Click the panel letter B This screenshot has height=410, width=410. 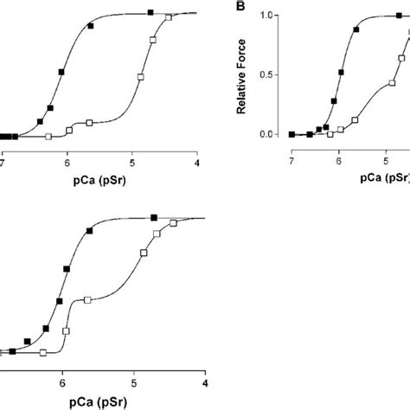click(x=240, y=6)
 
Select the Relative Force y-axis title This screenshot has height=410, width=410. click(x=241, y=77)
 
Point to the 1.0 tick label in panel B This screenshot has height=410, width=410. click(x=266, y=16)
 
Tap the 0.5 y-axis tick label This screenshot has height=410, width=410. click(x=266, y=74)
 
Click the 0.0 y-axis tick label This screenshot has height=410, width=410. click(x=266, y=134)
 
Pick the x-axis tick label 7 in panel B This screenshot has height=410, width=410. click(x=291, y=161)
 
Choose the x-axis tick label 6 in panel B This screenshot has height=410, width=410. click(x=339, y=161)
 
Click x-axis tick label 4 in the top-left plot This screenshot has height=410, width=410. click(x=197, y=163)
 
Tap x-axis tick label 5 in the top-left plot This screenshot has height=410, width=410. click(x=132, y=163)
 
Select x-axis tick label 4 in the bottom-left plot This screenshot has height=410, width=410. click(x=205, y=383)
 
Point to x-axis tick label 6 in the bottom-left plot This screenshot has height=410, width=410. click(x=62, y=383)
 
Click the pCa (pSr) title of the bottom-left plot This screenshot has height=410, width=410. click(x=98, y=402)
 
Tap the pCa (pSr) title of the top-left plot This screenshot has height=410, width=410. click(x=99, y=181)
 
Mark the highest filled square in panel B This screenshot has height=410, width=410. click(x=399, y=16)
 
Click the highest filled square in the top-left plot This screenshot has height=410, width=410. click(x=151, y=12)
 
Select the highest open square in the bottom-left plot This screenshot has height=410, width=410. click(x=173, y=223)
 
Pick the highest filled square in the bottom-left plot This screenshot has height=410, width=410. click(x=154, y=218)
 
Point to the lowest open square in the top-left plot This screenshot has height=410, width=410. click(x=48, y=137)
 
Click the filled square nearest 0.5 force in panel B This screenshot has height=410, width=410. click(x=341, y=73)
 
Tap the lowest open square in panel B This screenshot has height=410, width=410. click(x=330, y=134)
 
